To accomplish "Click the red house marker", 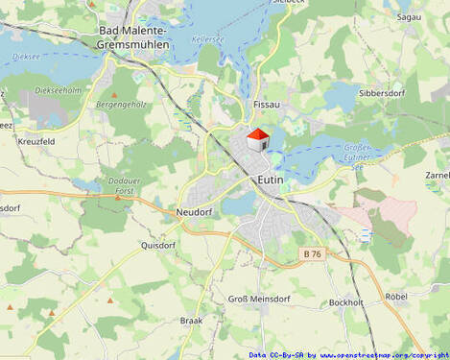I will click(257, 140).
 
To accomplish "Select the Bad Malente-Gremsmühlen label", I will click(134, 37).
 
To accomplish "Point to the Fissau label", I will click(265, 103).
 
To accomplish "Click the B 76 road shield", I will click(312, 253).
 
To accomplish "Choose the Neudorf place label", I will click(193, 210).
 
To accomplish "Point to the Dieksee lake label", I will click(26, 57).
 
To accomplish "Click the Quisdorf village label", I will click(158, 244).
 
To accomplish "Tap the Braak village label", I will click(191, 321).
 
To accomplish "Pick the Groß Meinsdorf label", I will click(258, 299).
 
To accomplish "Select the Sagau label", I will click(409, 16).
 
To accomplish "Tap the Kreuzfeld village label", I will click(36, 141).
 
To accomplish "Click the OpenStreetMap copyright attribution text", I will click(348, 354).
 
